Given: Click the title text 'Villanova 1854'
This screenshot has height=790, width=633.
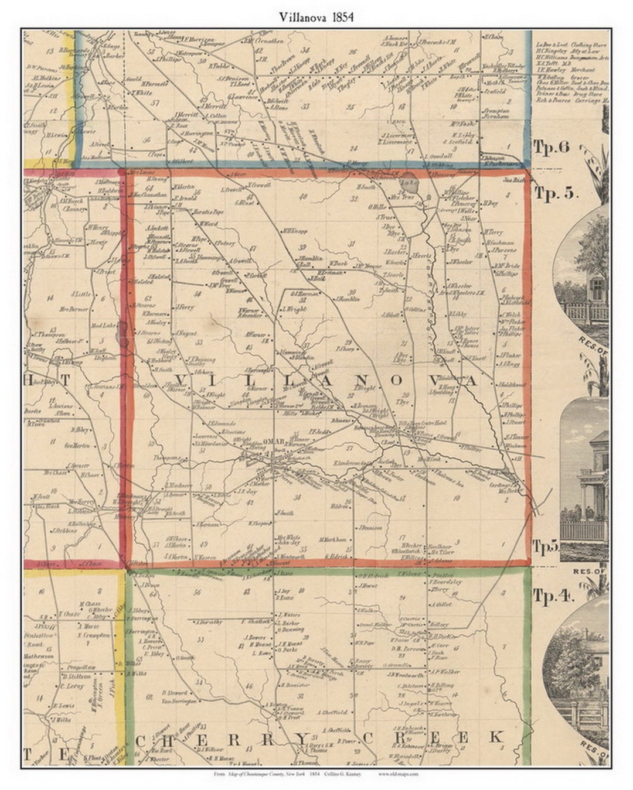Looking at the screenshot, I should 316,17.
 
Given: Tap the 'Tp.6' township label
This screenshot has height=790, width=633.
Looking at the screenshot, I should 552,147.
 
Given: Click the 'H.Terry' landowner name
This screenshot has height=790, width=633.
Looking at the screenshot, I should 494,232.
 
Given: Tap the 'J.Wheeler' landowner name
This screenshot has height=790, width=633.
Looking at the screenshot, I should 461,262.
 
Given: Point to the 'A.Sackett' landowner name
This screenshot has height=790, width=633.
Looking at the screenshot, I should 157,227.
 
